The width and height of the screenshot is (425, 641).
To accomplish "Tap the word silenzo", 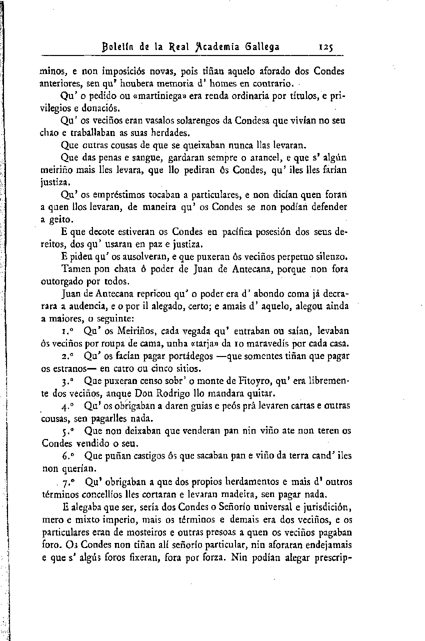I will click(x=331, y=256).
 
